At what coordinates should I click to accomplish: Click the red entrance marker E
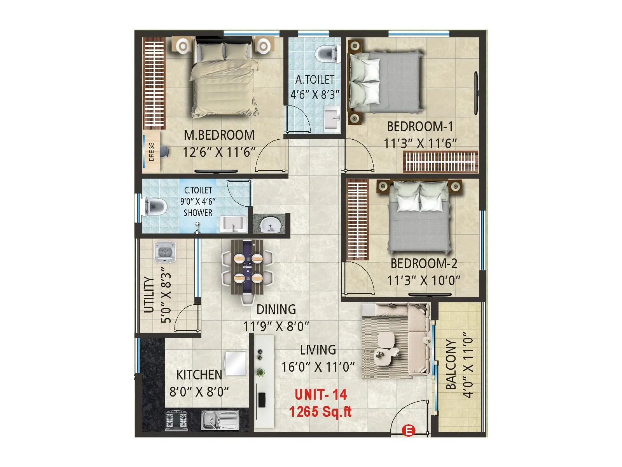[408, 430]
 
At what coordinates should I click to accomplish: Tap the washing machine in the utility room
[164, 251]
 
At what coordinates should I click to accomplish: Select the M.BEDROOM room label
[219, 135]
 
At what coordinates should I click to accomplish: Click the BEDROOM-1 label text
[420, 126]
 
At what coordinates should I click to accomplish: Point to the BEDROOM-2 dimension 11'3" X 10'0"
[424, 281]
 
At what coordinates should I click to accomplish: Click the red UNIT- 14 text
[320, 394]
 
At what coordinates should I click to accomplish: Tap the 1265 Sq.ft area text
[320, 411]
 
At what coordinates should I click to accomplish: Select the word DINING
[276, 309]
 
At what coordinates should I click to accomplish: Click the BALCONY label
[451, 365]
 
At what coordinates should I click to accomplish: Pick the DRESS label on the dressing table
[151, 152]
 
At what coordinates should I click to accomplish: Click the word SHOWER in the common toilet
[198, 212]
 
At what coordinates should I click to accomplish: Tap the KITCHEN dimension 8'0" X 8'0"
[199, 392]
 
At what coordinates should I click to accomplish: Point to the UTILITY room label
[149, 295]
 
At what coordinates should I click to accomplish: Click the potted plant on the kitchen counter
[260, 372]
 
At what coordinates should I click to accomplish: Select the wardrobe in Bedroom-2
[358, 220]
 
